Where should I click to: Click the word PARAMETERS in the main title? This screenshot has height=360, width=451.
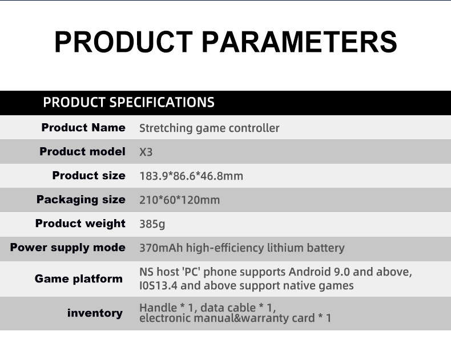point(299,42)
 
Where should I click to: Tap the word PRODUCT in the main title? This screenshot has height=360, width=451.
point(123,42)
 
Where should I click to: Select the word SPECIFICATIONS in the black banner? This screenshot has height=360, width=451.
point(162,102)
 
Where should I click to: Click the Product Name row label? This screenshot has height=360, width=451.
point(83,127)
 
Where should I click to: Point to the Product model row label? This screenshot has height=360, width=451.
point(83,152)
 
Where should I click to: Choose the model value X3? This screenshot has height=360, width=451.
point(146,152)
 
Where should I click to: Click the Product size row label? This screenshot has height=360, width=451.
point(89,175)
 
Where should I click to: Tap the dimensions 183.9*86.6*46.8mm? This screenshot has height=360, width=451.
point(191,176)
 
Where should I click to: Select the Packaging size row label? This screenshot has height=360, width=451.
point(81,200)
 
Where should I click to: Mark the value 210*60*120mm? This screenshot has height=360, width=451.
point(179,200)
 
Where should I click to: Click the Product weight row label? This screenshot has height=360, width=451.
point(80,224)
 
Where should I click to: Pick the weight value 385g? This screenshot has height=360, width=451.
point(152,224)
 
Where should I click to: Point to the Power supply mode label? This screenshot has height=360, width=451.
point(68,248)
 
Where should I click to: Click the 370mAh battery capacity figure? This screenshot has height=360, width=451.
point(161,248)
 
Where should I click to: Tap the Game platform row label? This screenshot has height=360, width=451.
point(79,279)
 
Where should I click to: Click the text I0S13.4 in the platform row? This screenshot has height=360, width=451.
point(158,286)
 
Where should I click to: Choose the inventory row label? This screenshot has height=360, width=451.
point(95,313)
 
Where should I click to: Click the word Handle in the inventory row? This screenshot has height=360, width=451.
point(158,308)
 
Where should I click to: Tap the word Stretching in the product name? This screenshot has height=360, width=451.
point(166,128)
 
